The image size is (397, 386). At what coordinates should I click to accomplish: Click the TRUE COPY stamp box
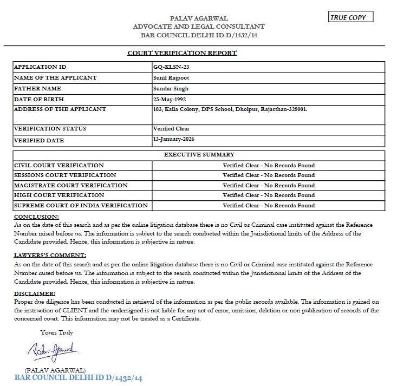tap(351, 17)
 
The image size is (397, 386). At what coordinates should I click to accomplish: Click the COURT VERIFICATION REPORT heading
tap(182, 53)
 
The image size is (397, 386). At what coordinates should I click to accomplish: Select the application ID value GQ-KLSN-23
tap(171, 67)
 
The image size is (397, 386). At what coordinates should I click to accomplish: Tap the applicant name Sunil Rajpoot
tap(172, 77)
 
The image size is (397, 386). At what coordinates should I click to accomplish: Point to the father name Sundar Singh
tap(171, 88)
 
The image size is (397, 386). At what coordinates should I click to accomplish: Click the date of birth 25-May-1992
tap(173, 99)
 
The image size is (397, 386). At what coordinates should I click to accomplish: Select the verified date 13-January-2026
tap(174, 139)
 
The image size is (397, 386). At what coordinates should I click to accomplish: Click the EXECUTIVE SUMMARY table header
tap(199, 155)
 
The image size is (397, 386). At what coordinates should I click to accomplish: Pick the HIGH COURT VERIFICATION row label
tap(59, 195)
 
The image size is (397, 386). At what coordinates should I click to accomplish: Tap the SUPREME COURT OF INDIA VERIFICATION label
tap(81, 205)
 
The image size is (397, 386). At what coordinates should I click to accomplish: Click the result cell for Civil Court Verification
tap(269, 165)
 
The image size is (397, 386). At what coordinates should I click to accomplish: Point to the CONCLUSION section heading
tap(36, 217)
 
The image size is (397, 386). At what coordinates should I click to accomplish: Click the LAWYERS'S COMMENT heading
tap(50, 255)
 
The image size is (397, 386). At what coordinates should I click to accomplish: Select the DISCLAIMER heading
tap(35, 293)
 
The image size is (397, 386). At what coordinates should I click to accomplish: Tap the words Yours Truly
tap(56, 332)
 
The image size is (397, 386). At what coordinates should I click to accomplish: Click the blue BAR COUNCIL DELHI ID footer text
tap(78, 378)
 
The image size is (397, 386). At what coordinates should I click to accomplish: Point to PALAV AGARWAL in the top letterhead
tap(199, 18)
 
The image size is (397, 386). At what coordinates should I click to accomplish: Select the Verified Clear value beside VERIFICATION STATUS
tap(171, 129)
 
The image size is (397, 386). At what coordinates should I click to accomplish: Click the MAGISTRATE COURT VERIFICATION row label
tap(70, 185)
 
